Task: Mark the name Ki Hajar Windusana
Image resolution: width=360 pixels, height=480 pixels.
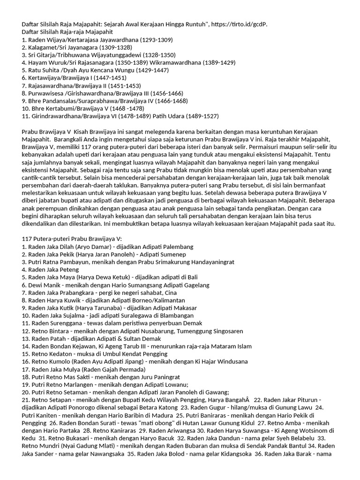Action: pos(215,361)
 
